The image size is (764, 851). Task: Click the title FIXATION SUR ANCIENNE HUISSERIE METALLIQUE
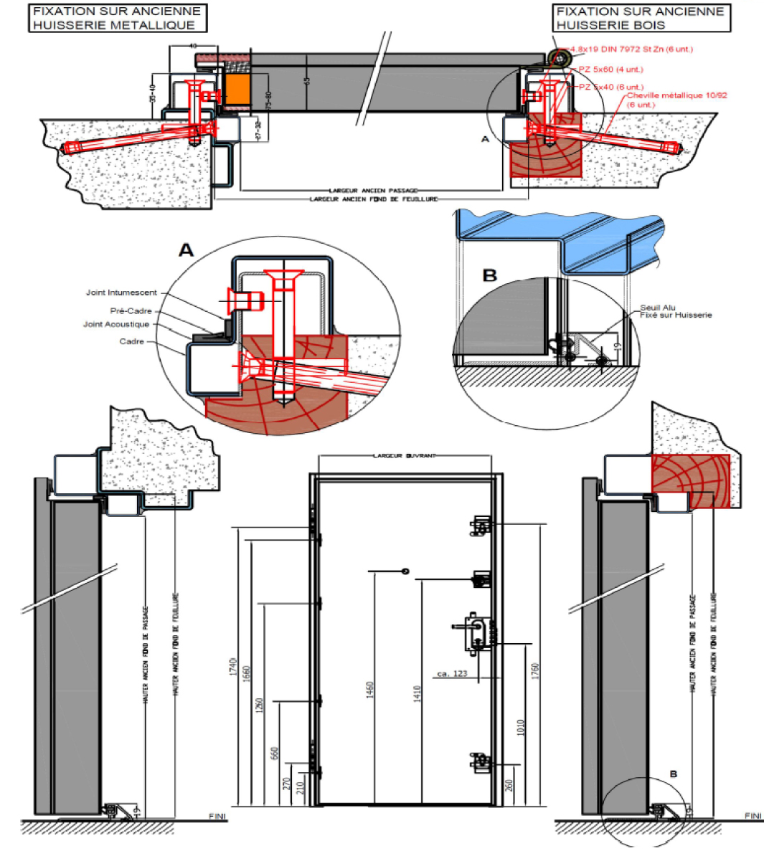[x=117, y=18]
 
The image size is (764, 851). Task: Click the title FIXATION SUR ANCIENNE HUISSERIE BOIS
[x=640, y=18]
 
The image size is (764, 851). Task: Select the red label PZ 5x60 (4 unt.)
[x=611, y=70]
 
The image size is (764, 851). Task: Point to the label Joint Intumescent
[x=121, y=293]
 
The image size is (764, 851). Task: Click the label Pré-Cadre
[x=131, y=311]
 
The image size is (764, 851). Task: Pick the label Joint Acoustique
[x=116, y=324]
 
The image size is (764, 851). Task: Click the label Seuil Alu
[x=658, y=308]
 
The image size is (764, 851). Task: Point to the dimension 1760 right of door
[x=535, y=672]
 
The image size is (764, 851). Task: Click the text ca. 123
[x=452, y=673]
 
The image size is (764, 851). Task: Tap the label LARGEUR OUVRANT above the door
[x=405, y=455]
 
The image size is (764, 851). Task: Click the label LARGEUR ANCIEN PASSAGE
[x=373, y=191]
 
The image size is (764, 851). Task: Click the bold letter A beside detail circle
[x=186, y=250]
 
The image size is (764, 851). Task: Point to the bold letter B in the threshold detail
[x=490, y=275]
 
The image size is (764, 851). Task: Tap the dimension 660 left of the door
[x=274, y=754]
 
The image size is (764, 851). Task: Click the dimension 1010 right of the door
[x=521, y=728]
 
